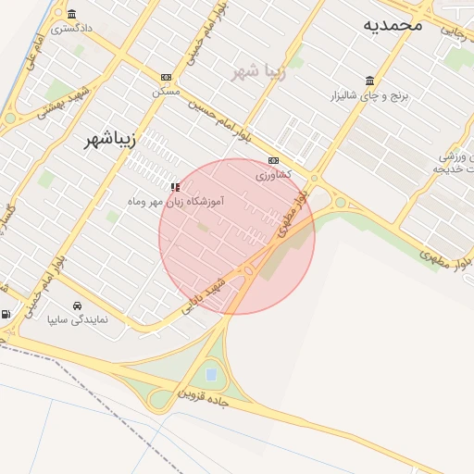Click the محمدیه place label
[x=393, y=24]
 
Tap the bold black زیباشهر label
[x=104, y=140]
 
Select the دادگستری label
[x=72, y=28]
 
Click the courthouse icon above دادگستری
[x=72, y=14]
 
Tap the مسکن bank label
[x=167, y=92]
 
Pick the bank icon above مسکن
[x=167, y=77]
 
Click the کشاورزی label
[x=273, y=174]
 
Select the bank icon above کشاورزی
[x=273, y=159]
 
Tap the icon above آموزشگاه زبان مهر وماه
[x=175, y=186]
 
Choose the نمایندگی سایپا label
[x=79, y=320]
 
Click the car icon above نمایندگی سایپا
[x=76, y=306]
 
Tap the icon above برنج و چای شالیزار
[x=370, y=80]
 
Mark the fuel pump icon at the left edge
[x=6, y=315]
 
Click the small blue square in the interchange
[x=211, y=374]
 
